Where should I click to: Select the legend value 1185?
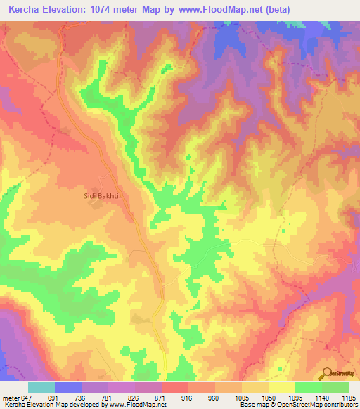[x=347, y=397]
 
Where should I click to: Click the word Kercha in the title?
[x=25, y=11]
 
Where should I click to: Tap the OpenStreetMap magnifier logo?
[x=327, y=372]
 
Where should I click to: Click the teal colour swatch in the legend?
[x=41, y=387]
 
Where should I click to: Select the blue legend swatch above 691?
[x=67, y=387]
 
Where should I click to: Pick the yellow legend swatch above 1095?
[x=281, y=387]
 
